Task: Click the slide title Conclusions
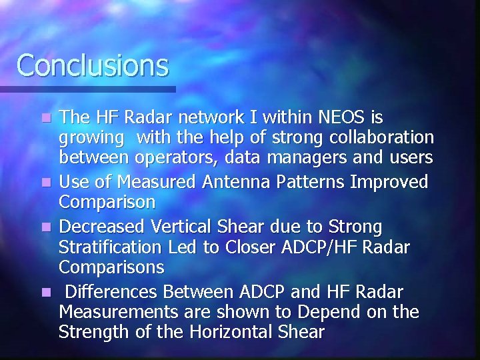(93, 65)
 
